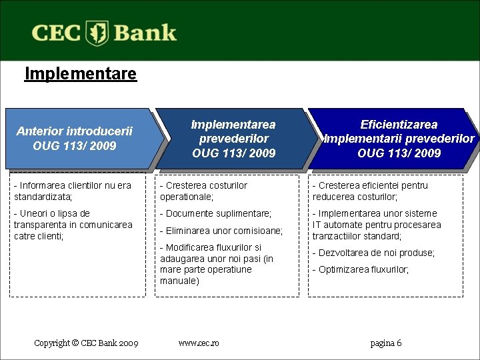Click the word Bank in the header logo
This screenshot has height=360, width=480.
pyautogui.click(x=145, y=33)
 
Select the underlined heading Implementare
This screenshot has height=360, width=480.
pyautogui.click(x=80, y=73)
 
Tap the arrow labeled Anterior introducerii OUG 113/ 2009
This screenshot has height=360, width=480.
pyautogui.click(x=75, y=139)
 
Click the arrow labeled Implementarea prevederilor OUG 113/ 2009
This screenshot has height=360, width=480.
pyautogui.click(x=233, y=139)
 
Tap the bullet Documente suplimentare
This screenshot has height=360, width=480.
pyautogui.click(x=215, y=213)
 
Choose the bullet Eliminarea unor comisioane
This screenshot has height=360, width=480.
pyautogui.click(x=221, y=231)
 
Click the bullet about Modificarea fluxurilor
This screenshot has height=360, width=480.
pyautogui.click(x=217, y=264)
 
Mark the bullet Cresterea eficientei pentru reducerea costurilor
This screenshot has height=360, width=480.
pyautogui.click(x=370, y=191)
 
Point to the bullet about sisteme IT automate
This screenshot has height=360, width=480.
pyautogui.click(x=377, y=225)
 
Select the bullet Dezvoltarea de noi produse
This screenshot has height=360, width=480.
pyautogui.click(x=373, y=253)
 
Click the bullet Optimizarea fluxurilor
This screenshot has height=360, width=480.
pyautogui.click(x=361, y=270)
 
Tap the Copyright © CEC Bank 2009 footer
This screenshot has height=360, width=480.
pyautogui.click(x=86, y=343)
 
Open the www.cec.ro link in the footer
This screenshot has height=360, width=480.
pyautogui.click(x=199, y=343)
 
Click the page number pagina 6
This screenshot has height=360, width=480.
pyautogui.click(x=386, y=343)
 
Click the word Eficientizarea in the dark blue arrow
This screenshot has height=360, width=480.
pyautogui.click(x=399, y=125)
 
